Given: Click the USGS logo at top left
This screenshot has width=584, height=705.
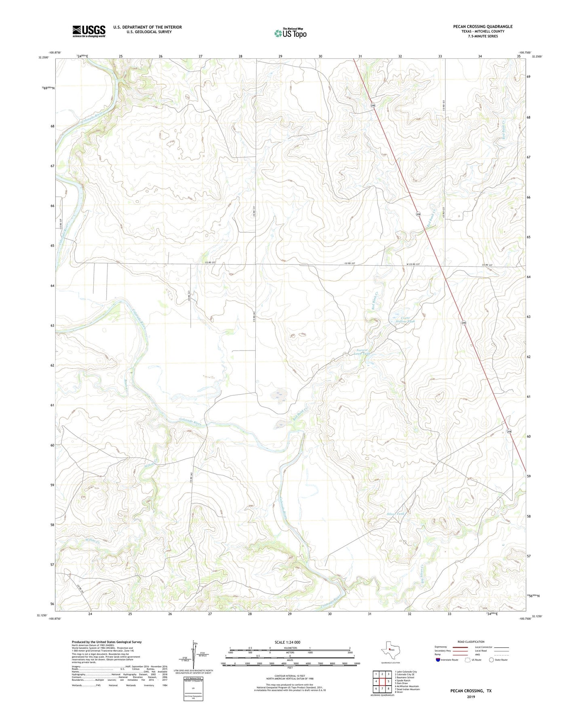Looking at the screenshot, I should pyautogui.click(x=89, y=31).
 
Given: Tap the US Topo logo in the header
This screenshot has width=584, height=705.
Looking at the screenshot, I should pyautogui.click(x=290, y=33).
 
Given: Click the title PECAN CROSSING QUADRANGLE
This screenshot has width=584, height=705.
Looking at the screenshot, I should pyautogui.click(x=483, y=27).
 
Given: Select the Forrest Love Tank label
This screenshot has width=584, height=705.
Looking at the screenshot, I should pyautogui.click(x=362, y=352).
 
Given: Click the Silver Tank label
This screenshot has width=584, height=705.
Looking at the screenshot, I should pyautogui.click(x=395, y=514).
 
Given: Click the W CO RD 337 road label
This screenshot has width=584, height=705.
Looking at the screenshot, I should pyautogui.click(x=413, y=264).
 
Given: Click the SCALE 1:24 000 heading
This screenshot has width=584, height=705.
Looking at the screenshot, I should pyautogui.click(x=287, y=642).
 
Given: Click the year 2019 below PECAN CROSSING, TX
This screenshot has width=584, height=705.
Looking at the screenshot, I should pyautogui.click(x=471, y=697).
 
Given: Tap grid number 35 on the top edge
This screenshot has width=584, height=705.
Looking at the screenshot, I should pyautogui.click(x=519, y=56).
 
